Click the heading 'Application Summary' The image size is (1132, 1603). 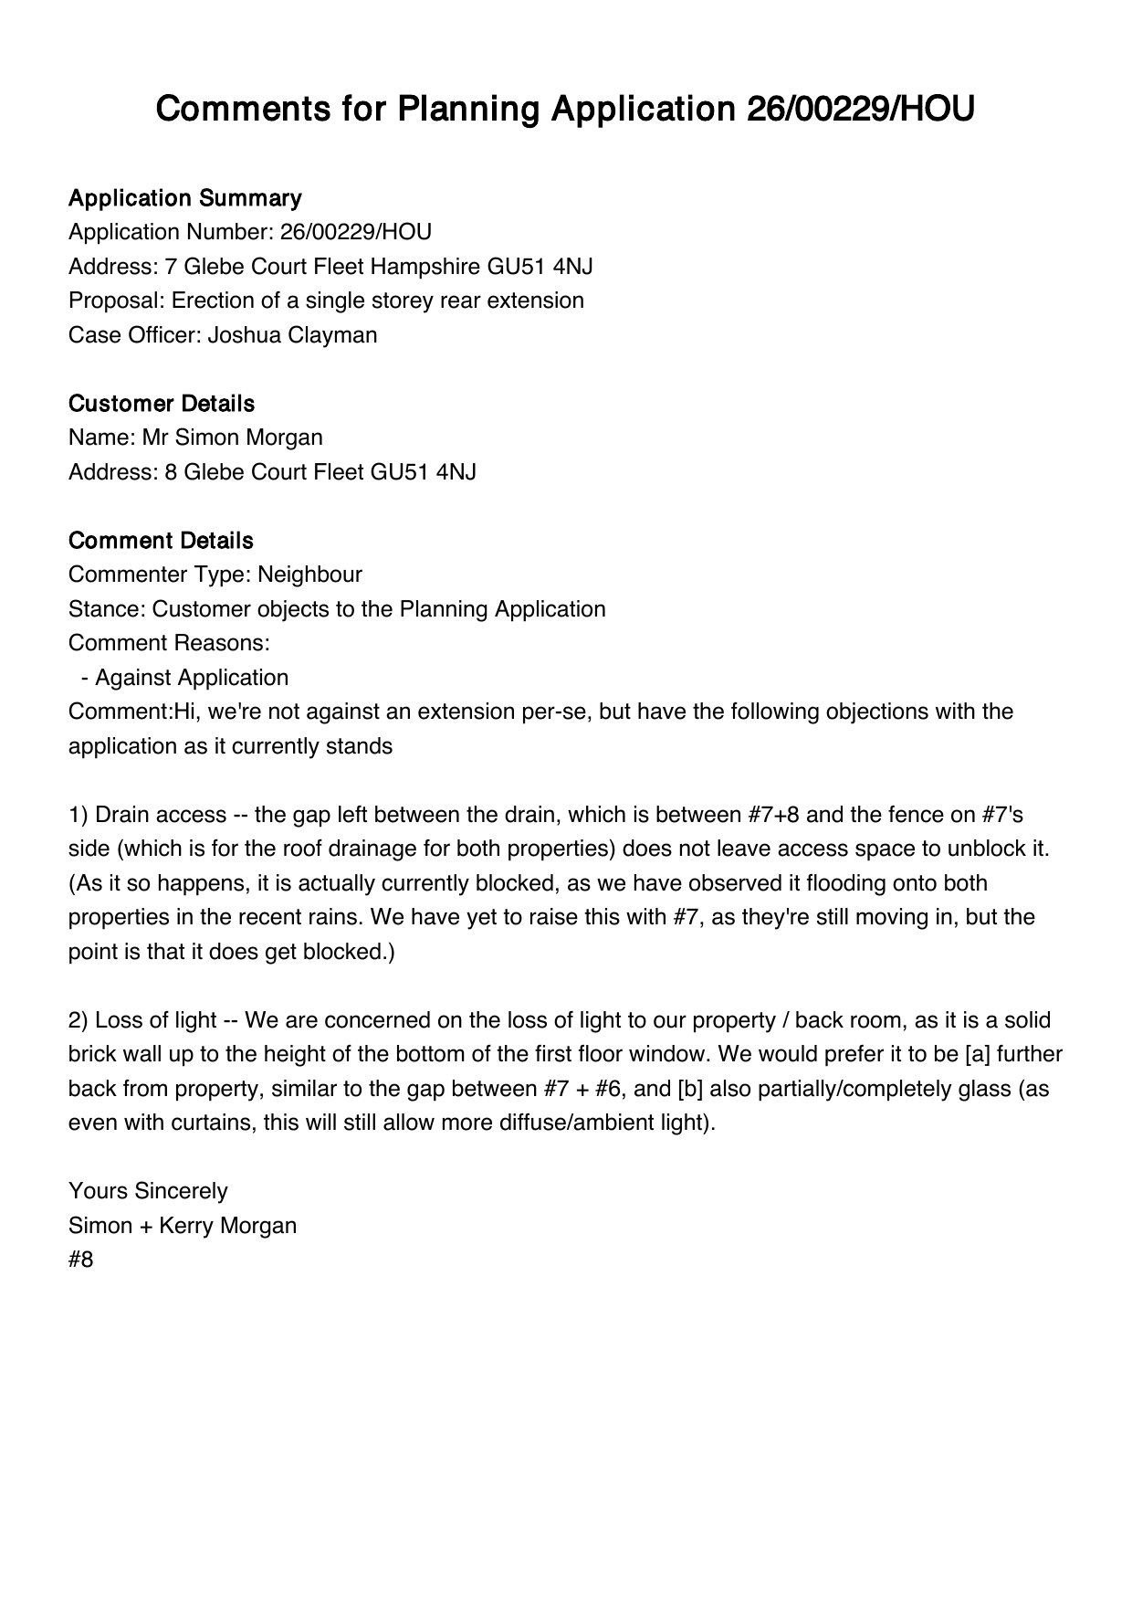[x=184, y=198]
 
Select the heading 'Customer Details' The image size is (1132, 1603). [x=162, y=404]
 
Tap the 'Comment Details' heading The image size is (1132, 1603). [x=161, y=541]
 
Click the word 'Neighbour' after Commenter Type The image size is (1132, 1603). [x=309, y=575]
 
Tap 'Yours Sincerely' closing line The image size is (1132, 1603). [x=148, y=1191]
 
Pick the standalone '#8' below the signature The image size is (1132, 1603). [x=81, y=1260]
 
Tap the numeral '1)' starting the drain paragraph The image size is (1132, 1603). [x=79, y=815]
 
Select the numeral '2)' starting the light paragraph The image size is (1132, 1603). [x=79, y=1020]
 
